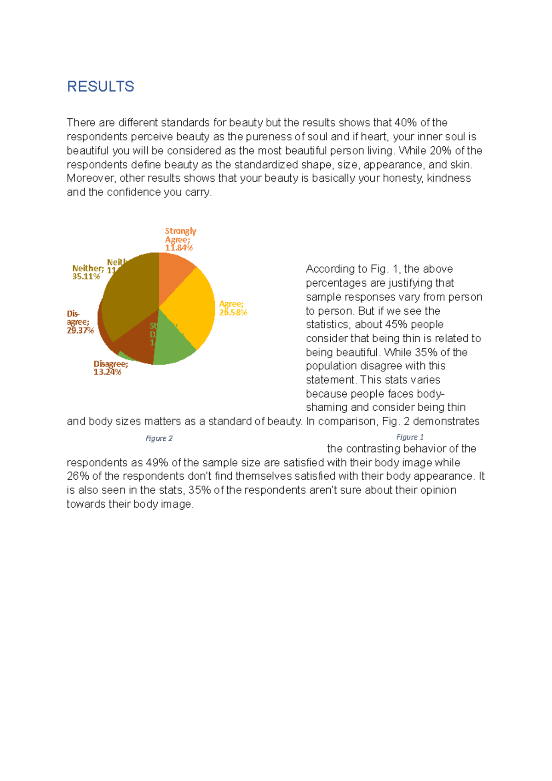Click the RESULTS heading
tap(100, 86)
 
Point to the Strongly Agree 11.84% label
tap(180, 239)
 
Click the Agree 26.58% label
tap(233, 308)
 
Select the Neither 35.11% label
tap(86, 272)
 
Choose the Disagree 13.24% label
tap(110, 368)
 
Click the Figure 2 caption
tap(159, 438)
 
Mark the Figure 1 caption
tap(410, 437)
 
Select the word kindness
tap(448, 178)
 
